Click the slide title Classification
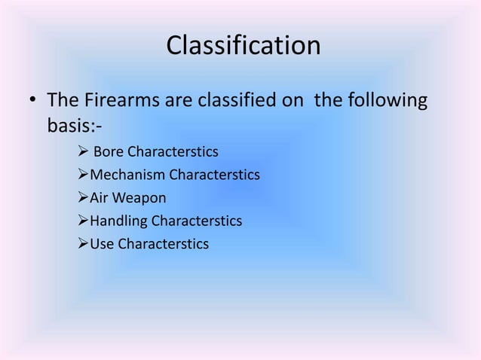pyautogui.click(x=243, y=47)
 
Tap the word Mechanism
pyautogui.click(x=127, y=175)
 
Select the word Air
pyautogui.click(x=100, y=198)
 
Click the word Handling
pyautogui.click(x=119, y=221)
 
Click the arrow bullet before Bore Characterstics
pyautogui.click(x=83, y=153)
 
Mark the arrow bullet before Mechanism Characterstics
pyautogui.click(x=83, y=175)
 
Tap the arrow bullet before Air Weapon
pyautogui.click(x=83, y=198)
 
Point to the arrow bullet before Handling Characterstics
pyautogui.click(x=83, y=221)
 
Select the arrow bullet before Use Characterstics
pyautogui.click(x=83, y=244)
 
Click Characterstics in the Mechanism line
pyautogui.click(x=214, y=175)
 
